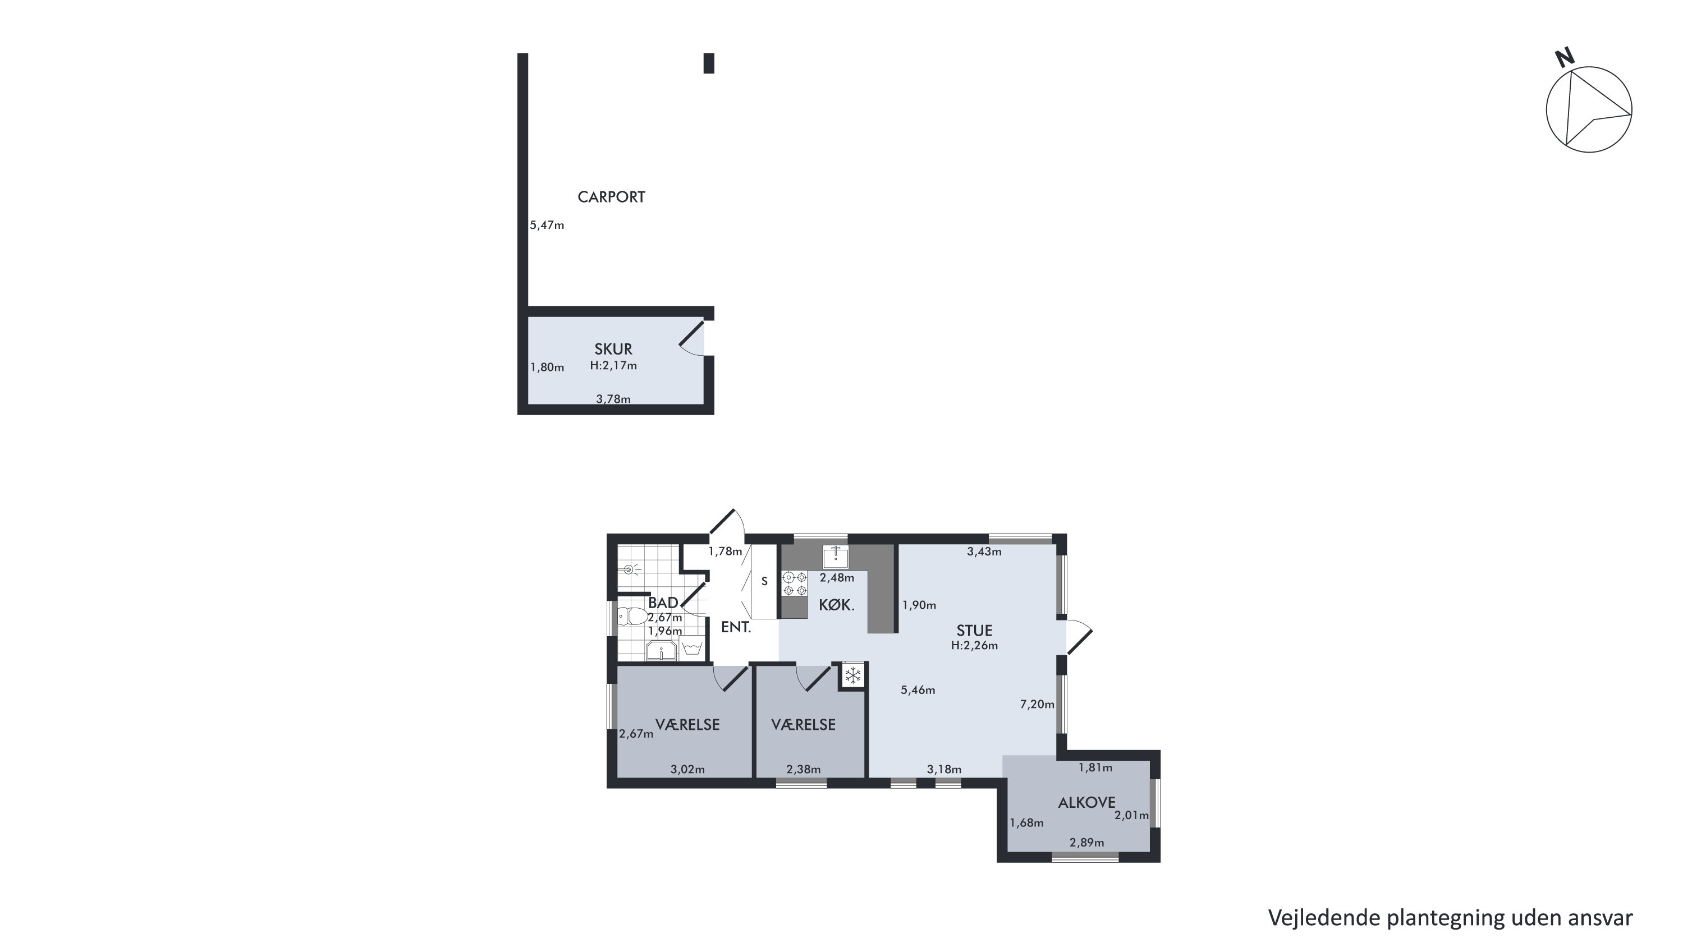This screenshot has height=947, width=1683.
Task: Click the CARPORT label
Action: tap(611, 196)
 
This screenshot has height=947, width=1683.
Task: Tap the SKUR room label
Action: tap(613, 350)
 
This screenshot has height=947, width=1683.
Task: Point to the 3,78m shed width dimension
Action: tap(613, 398)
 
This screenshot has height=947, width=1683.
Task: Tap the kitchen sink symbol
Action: tap(835, 557)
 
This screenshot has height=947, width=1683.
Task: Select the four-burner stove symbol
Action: tap(795, 584)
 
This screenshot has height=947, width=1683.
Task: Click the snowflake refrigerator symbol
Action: tap(852, 675)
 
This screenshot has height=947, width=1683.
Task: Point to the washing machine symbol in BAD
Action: tap(692, 649)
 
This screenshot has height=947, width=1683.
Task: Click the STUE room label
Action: tap(974, 630)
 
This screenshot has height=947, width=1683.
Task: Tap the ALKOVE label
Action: tap(1086, 803)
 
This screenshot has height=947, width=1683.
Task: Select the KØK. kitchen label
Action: tap(836, 605)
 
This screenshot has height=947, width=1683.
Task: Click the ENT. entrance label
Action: tap(736, 628)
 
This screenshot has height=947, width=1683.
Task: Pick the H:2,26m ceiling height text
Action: tap(974, 645)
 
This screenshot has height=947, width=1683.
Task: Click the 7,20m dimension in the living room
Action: tap(1038, 704)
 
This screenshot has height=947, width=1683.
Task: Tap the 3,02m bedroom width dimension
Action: tap(687, 769)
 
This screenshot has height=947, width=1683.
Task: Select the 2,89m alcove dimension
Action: tap(1086, 843)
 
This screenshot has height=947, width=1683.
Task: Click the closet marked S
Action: tap(764, 581)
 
